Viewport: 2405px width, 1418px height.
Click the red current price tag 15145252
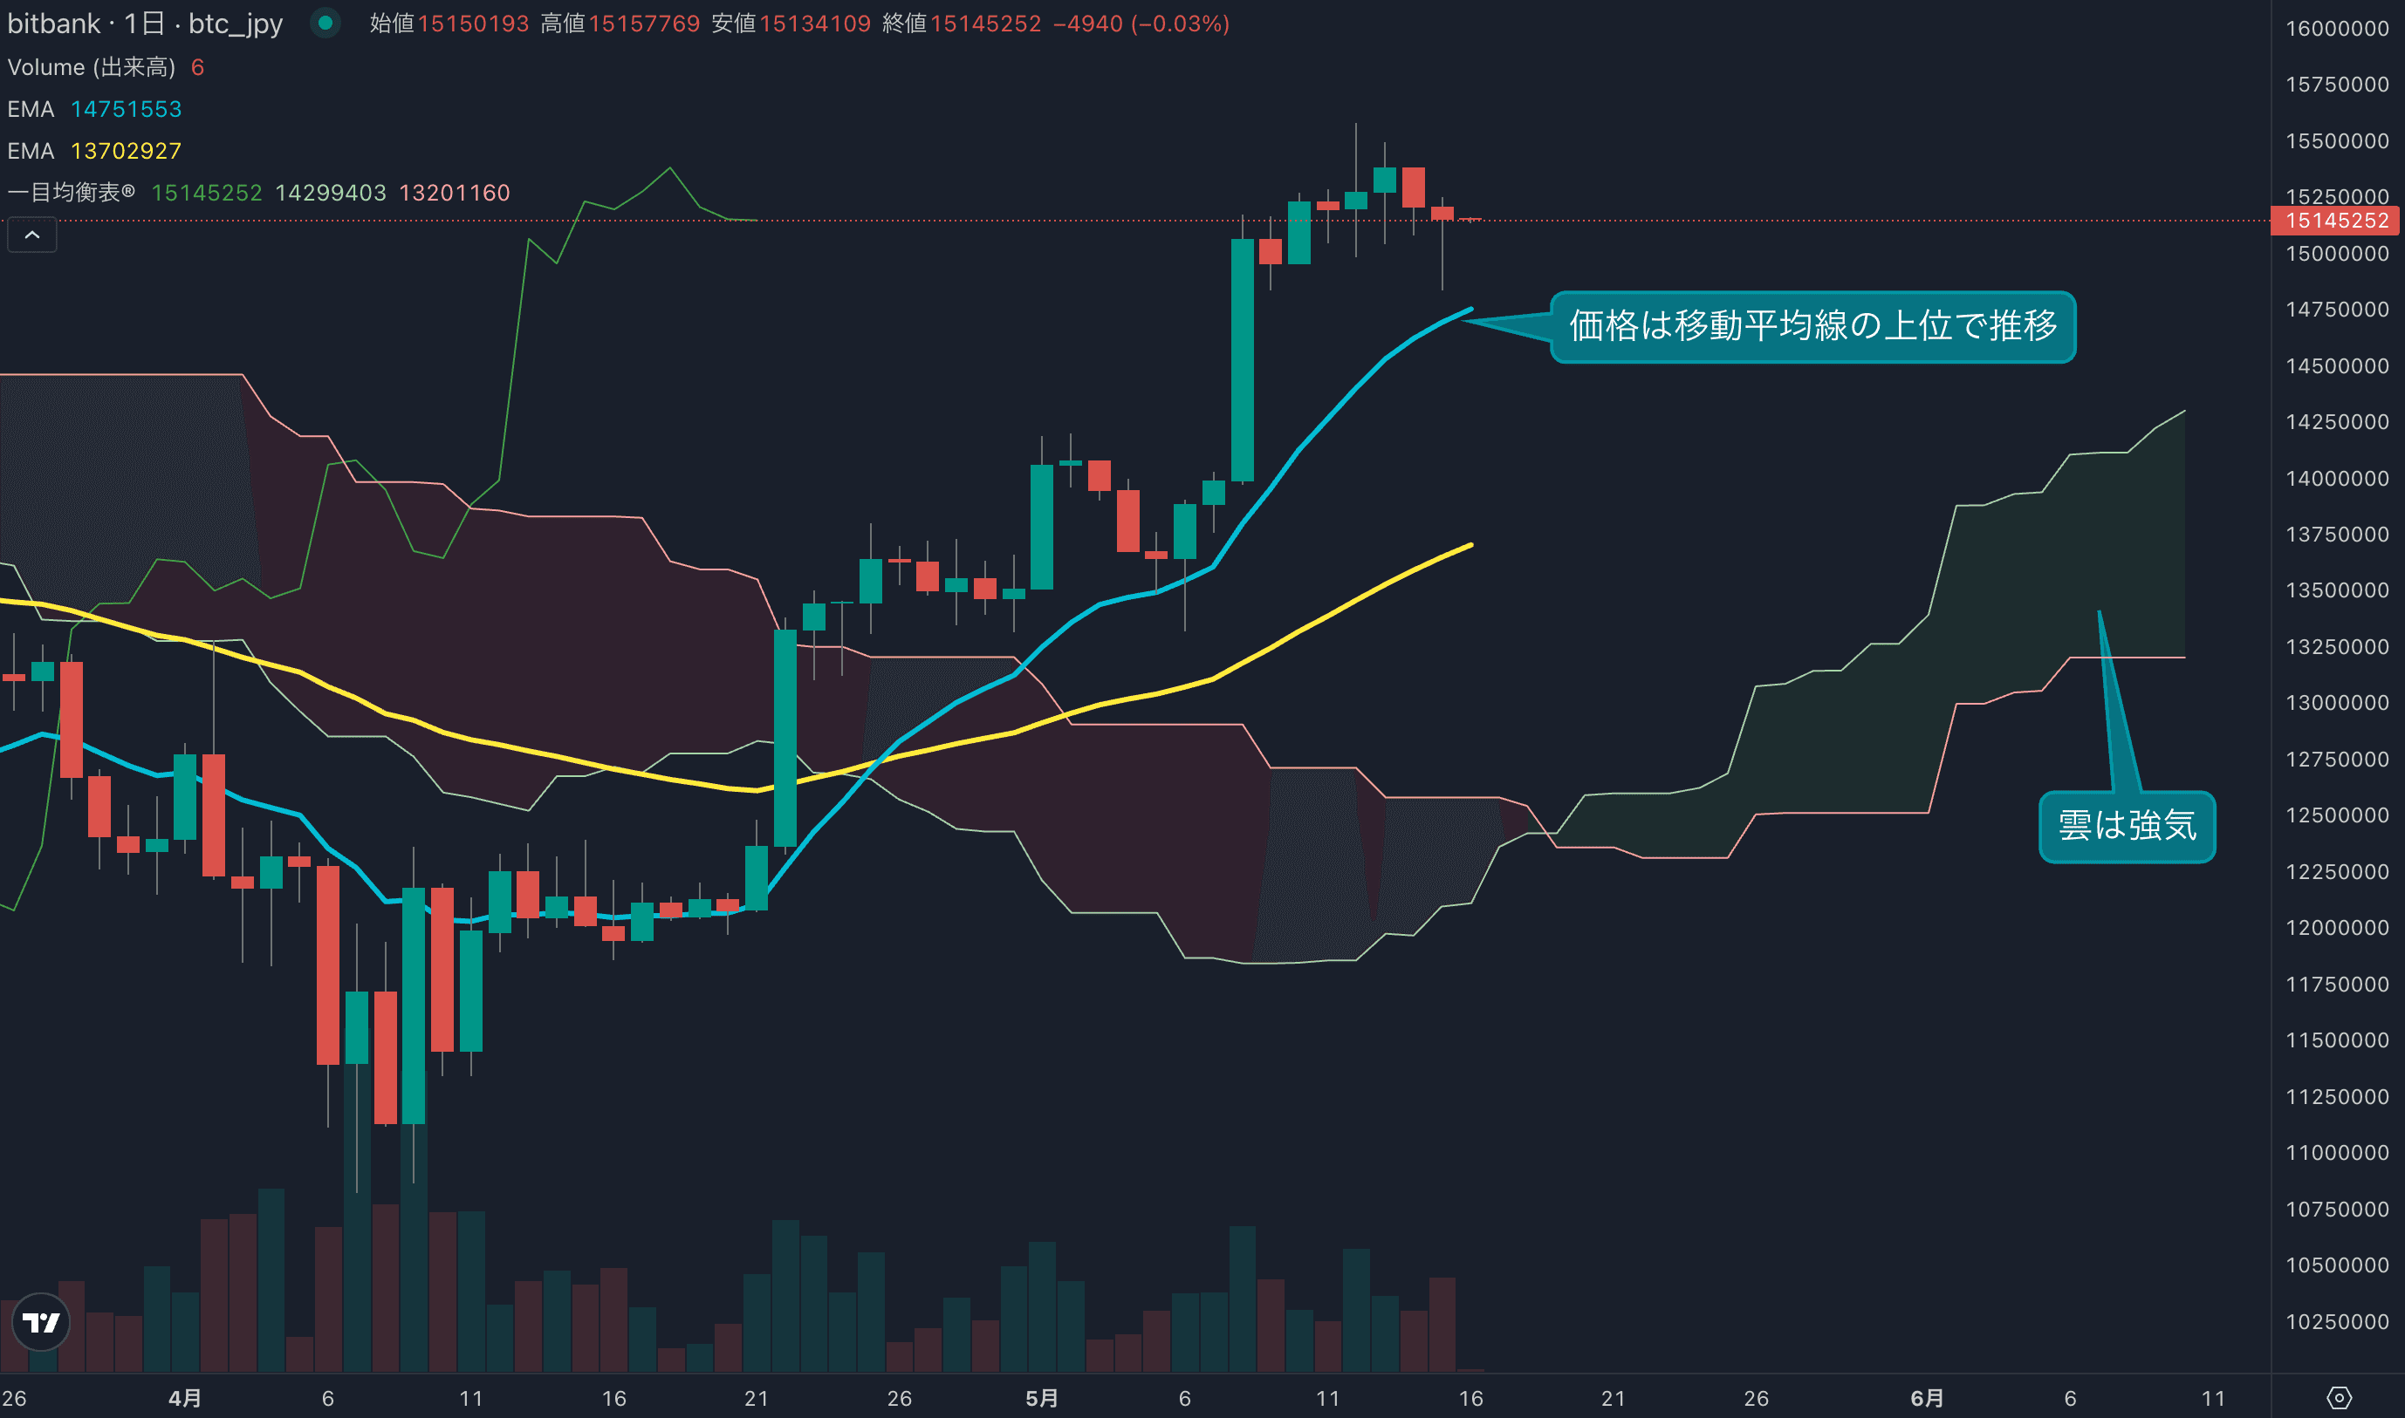coord(2336,221)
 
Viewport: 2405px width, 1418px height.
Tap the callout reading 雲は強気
coord(2127,826)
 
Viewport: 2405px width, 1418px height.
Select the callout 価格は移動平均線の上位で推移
coord(1812,326)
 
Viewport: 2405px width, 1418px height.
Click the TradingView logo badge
coord(41,1322)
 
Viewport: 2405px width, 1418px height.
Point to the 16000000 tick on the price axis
coord(2336,29)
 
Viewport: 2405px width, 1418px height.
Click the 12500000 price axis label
coord(2336,815)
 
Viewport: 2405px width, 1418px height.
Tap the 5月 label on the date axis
coord(1041,1398)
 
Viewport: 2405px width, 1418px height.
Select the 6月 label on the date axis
coord(1926,1398)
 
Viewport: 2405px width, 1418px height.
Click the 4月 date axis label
coord(184,1398)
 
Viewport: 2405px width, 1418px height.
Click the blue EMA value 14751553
coord(127,109)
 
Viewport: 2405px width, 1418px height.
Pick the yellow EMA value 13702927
coord(127,151)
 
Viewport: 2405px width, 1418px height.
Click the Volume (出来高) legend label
coord(92,67)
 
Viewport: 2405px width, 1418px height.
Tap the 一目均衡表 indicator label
coord(71,192)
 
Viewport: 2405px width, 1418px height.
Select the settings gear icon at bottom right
coord(2338,1398)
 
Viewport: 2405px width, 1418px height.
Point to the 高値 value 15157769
coord(643,23)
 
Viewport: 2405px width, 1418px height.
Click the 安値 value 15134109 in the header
coord(814,23)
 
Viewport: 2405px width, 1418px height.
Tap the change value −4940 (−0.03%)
coord(1141,23)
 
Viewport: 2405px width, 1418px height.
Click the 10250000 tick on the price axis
coord(2336,1321)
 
